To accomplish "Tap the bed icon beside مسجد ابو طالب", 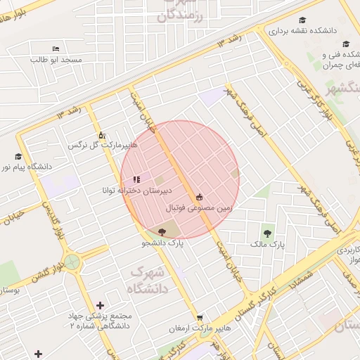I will tap(56, 49).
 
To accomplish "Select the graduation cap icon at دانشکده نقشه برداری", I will tap(302, 20).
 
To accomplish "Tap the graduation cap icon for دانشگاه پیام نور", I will tap(18, 156).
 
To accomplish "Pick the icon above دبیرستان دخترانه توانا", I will tap(136, 179).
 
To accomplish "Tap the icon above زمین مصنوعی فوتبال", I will tap(200, 197).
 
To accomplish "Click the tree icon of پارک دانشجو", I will tap(162, 231).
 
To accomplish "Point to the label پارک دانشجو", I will tap(162, 243).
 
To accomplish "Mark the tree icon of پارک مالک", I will tap(267, 233).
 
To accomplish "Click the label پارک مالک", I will tap(267, 244).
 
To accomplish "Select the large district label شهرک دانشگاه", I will tap(146, 279).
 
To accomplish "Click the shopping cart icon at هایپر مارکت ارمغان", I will tap(200, 317).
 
